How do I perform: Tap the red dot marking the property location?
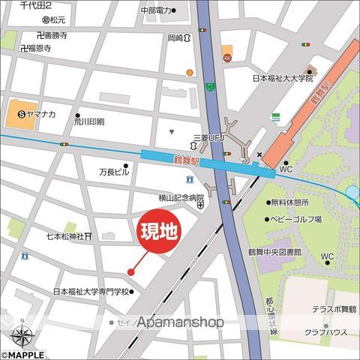pos(130,271)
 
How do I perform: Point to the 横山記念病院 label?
pos(181,198)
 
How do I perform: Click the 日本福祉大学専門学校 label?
pos(91,292)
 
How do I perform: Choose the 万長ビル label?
pos(114,172)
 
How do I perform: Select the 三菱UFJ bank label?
pos(209,138)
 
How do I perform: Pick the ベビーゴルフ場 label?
pos(295,219)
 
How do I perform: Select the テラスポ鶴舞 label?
pos(334,308)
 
